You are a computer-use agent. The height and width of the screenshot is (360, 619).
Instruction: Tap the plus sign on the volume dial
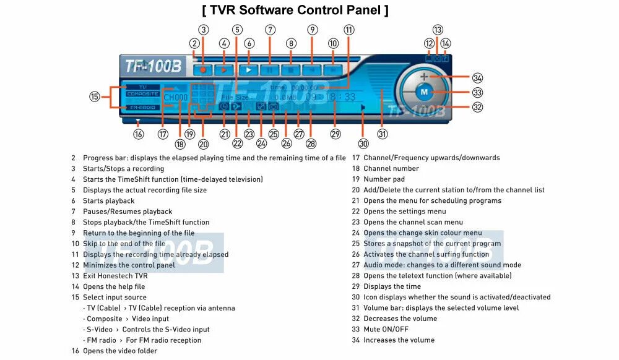(424, 77)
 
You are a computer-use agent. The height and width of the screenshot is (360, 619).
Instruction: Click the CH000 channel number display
(175, 98)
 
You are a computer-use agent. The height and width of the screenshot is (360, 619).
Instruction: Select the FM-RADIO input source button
(142, 107)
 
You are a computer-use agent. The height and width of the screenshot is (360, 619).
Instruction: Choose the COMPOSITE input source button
(142, 93)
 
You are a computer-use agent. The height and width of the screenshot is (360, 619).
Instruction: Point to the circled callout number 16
(138, 133)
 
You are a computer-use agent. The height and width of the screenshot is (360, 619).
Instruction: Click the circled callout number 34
(477, 78)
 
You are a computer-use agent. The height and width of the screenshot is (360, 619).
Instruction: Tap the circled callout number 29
(335, 134)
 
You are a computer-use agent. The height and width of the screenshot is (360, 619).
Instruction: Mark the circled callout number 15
(94, 96)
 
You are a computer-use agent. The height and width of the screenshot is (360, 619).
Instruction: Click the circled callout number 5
(237, 29)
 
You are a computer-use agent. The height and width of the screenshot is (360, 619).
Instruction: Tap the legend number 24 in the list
(355, 233)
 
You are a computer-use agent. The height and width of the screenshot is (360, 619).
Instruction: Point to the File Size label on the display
(235, 98)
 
